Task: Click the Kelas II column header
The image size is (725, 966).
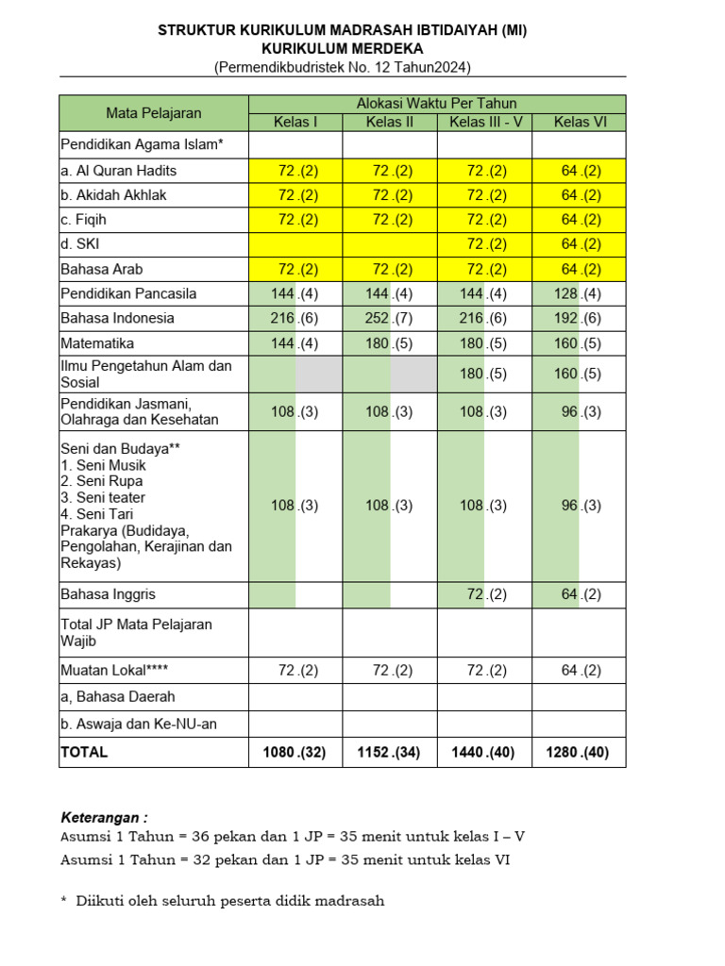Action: (390, 122)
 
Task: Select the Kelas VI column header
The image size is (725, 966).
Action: (580, 122)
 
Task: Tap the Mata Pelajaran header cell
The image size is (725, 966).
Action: (153, 113)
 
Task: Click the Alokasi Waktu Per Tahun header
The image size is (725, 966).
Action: (436, 104)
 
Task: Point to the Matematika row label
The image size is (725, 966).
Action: (97, 343)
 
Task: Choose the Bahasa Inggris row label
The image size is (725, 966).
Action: (108, 594)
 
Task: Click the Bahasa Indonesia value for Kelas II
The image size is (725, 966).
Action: (390, 318)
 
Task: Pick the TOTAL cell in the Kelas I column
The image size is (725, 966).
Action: (295, 752)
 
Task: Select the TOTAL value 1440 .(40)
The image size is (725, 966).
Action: (484, 752)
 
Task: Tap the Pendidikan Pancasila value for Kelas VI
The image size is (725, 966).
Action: (580, 293)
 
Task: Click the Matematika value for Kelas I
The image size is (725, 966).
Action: (295, 343)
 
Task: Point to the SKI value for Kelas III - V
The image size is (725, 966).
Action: (484, 244)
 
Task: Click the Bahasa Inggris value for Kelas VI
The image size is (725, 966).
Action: (580, 594)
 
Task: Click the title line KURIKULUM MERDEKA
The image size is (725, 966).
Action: (343, 49)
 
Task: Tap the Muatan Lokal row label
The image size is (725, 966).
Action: (114, 670)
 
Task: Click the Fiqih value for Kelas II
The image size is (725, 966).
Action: (390, 220)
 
